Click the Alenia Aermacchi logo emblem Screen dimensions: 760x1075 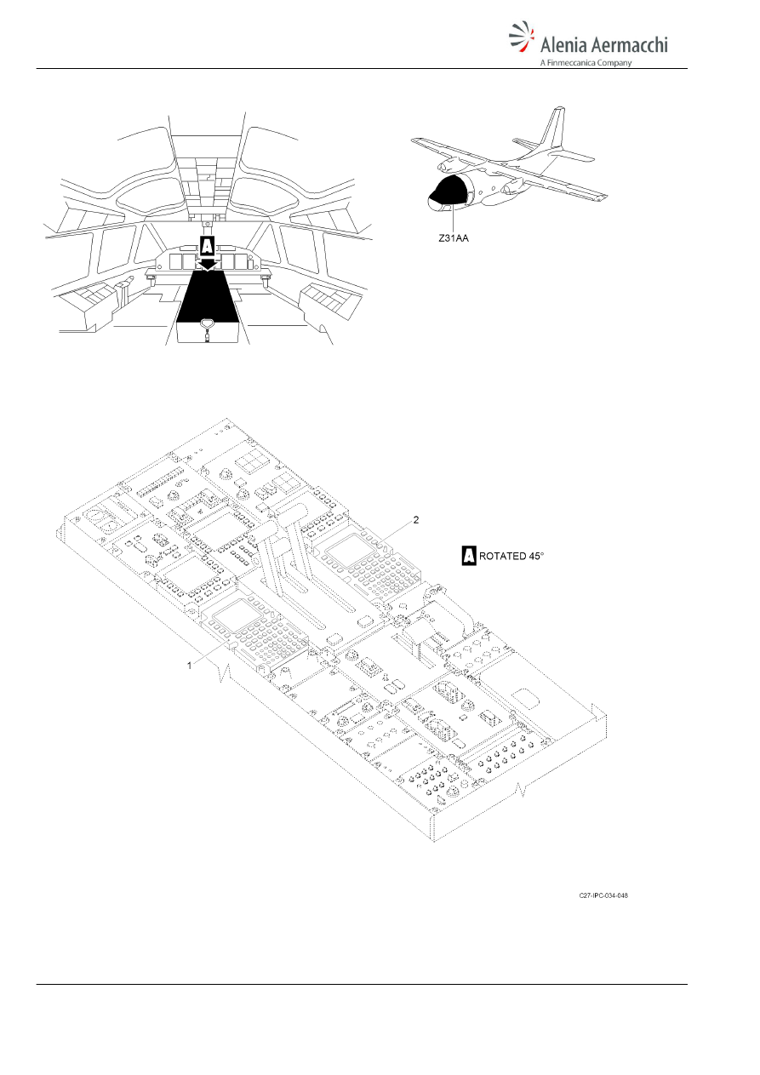pos(522,37)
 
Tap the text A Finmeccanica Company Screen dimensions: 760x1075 pos(586,62)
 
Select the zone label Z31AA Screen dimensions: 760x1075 pos(454,238)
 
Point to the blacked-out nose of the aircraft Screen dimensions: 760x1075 pos(447,191)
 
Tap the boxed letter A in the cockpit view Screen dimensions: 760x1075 pos(206,247)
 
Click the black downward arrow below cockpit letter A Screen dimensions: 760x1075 pos(207,265)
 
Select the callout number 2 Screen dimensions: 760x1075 pos(416,520)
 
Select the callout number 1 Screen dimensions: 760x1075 pos(190,665)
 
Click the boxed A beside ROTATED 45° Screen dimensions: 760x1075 pos(469,556)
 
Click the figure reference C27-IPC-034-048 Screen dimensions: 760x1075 pos(603,896)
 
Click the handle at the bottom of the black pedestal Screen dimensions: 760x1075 pos(207,325)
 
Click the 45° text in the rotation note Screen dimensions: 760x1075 pos(536,556)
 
